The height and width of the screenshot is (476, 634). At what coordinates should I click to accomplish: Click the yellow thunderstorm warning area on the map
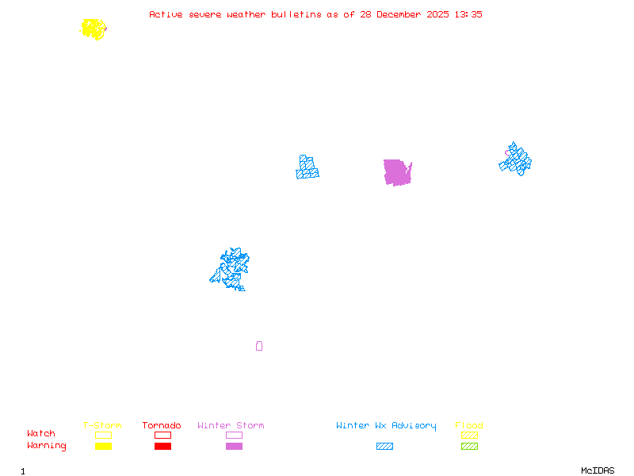[x=94, y=29]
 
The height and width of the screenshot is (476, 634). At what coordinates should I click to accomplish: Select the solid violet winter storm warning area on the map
[x=397, y=172]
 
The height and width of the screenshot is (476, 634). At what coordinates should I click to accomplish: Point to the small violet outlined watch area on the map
[x=259, y=346]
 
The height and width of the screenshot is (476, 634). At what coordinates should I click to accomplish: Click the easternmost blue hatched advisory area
[x=516, y=160]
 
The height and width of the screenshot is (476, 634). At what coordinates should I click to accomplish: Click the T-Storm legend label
[x=102, y=426]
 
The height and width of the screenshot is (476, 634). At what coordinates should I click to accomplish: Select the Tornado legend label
[x=162, y=426]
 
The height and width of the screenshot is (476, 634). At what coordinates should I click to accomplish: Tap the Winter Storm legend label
[x=231, y=426]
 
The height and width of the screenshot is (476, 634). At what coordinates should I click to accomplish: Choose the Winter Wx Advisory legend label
[x=386, y=426]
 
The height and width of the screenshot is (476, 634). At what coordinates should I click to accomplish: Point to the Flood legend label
[x=469, y=426]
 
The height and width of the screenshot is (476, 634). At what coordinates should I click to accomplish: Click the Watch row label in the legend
[x=41, y=434]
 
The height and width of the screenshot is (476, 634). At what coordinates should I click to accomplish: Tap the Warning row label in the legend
[x=47, y=446]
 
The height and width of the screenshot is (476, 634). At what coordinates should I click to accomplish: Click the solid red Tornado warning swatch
[x=162, y=447]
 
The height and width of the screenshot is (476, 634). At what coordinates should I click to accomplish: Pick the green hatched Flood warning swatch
[x=469, y=447]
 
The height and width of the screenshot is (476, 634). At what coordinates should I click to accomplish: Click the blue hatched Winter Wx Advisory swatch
[x=384, y=447]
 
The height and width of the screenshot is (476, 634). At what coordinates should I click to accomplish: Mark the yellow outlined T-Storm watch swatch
[x=103, y=435]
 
